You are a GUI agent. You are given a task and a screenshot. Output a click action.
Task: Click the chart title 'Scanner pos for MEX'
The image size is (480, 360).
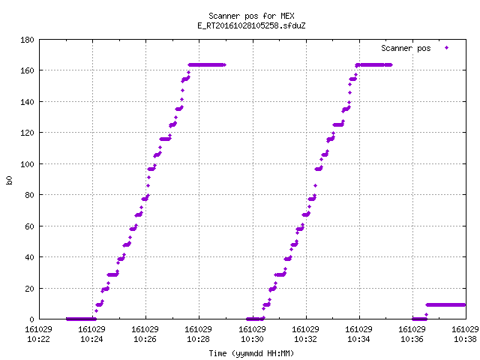pos(251,16)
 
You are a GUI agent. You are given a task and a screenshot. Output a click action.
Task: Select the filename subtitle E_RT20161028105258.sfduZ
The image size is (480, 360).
pos(251,25)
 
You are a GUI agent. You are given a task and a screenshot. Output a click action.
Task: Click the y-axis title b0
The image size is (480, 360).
pos(9,180)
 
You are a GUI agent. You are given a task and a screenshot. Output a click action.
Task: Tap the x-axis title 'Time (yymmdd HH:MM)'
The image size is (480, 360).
pos(251,353)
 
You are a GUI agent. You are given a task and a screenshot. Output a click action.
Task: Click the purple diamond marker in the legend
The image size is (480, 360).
pos(447,48)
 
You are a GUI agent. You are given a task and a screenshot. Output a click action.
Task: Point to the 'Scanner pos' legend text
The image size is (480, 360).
pos(406,48)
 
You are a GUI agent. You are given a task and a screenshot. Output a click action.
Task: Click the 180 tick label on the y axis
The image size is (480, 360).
pos(27,40)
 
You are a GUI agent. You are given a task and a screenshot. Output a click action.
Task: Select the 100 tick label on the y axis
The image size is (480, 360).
pos(27,164)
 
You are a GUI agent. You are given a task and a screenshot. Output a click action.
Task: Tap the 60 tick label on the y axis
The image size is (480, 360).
pos(29,226)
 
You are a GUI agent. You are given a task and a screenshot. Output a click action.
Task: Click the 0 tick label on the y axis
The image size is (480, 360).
pos(31,319)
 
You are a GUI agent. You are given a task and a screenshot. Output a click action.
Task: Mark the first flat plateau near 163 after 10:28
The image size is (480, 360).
pos(207,65)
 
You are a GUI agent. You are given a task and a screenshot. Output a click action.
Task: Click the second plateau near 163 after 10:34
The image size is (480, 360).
pos(373,65)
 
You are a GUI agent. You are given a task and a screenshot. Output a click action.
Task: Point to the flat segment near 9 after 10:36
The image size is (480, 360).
pos(445,305)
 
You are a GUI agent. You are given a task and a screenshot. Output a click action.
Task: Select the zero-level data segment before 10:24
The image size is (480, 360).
pos(81,319)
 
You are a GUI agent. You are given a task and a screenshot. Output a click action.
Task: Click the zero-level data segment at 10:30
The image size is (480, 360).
pos(255,319)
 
